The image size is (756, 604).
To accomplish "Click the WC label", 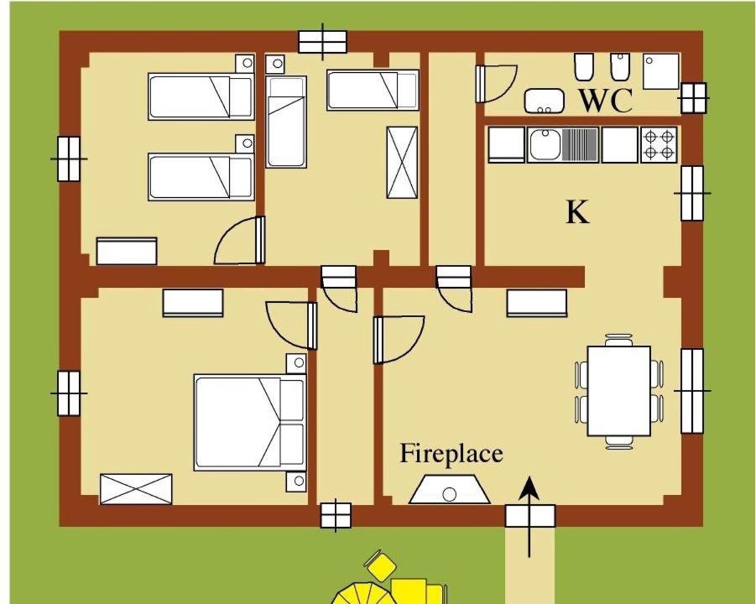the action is click(x=606, y=101).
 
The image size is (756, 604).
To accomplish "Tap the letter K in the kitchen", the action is click(x=577, y=212).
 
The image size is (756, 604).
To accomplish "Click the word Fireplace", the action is click(x=451, y=454).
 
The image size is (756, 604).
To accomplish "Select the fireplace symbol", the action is click(x=450, y=490).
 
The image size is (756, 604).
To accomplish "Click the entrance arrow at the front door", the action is click(x=530, y=516).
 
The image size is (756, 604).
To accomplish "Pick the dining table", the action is click(x=619, y=391).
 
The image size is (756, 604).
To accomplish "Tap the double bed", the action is click(x=250, y=422).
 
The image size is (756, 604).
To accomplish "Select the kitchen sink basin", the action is click(x=545, y=144).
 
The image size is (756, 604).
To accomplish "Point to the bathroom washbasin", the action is click(x=545, y=101).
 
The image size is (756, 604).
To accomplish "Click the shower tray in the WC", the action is click(x=661, y=71).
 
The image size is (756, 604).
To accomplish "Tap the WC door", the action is click(x=497, y=84).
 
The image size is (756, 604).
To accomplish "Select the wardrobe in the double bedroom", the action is click(x=136, y=489).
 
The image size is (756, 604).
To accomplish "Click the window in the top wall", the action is click(x=322, y=42).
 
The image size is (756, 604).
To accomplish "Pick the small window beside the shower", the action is click(x=693, y=98).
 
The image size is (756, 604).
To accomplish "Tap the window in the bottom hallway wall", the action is click(x=336, y=515).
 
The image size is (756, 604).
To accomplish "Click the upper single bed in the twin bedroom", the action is click(x=201, y=96).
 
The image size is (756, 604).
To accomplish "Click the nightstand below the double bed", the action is click(x=296, y=481).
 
